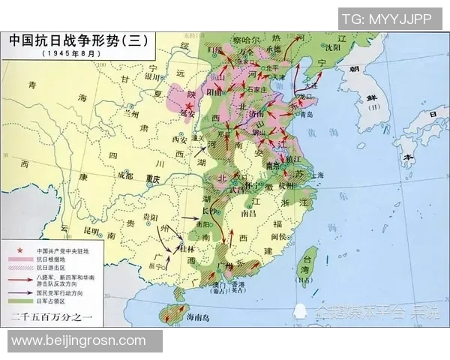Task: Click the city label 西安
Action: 179,139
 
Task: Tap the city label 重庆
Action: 153,178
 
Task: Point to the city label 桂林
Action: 192,248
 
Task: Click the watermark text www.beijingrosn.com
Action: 79,341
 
